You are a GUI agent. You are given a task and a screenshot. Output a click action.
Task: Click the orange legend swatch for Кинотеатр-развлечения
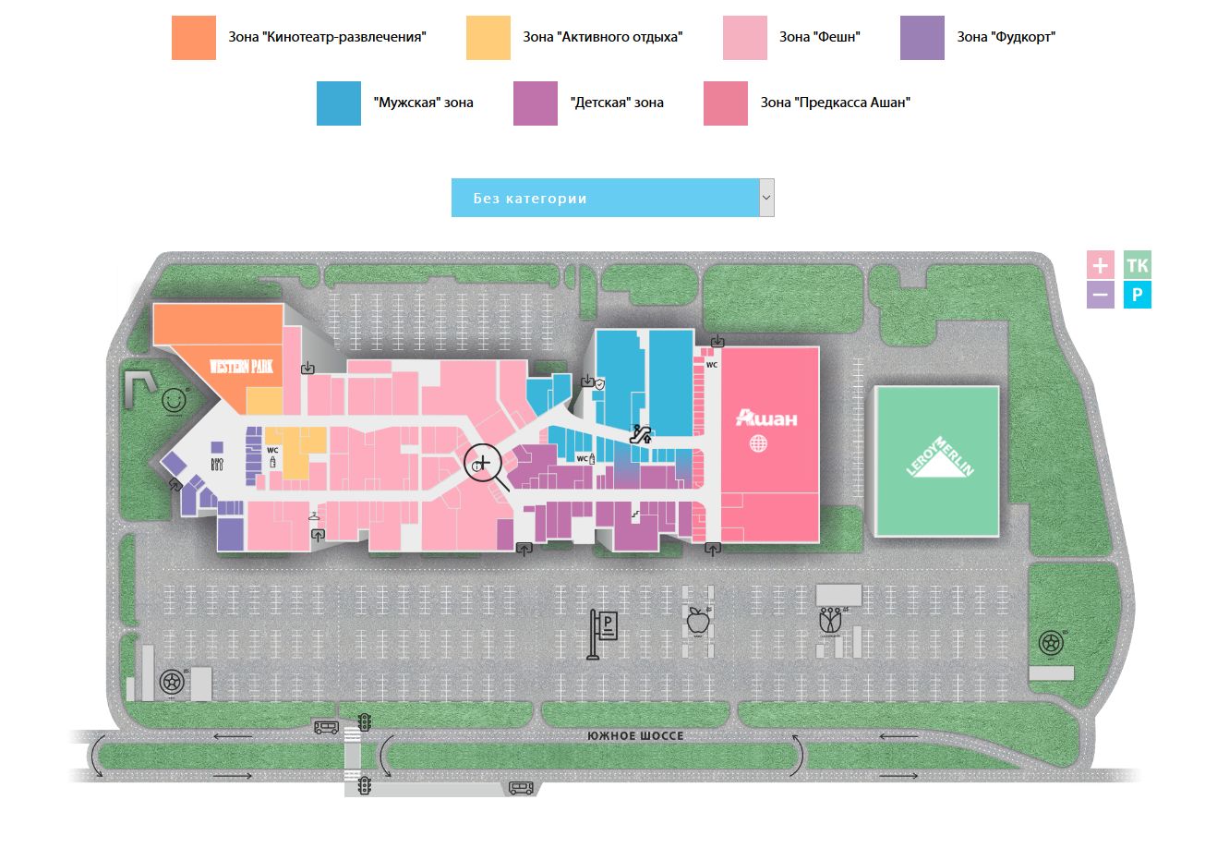point(194,38)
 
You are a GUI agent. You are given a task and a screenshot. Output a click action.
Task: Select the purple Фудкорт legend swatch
point(922,38)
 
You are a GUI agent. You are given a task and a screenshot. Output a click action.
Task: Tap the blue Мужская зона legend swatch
point(338,103)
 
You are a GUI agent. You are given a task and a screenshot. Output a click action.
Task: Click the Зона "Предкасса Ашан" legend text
point(835,103)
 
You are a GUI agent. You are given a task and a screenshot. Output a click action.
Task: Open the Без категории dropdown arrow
point(765,198)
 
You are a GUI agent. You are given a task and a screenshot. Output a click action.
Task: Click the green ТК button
point(1138,266)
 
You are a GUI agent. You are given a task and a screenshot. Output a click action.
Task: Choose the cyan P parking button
point(1138,296)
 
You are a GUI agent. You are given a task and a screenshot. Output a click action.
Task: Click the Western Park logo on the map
point(243,367)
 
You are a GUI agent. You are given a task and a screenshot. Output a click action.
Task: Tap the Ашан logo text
point(765,418)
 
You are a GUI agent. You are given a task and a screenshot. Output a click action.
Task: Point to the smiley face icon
point(173,400)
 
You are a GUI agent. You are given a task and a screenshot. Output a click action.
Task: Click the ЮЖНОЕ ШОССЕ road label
point(635,736)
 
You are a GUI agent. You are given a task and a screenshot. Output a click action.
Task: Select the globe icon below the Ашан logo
point(759,443)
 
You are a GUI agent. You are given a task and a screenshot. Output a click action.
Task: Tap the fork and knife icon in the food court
point(216,464)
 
